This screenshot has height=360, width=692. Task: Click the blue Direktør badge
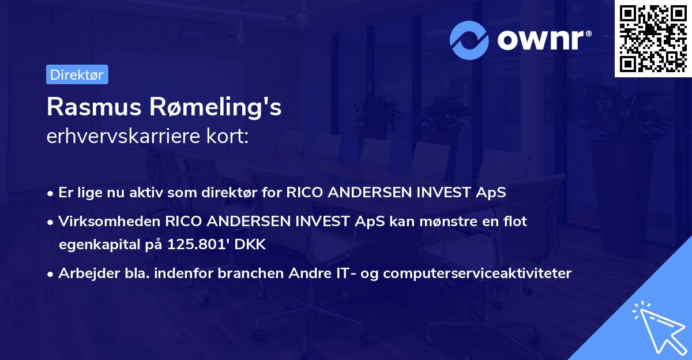(77, 74)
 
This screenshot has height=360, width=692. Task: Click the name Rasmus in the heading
(94, 107)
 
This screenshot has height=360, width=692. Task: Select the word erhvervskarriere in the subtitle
(123, 136)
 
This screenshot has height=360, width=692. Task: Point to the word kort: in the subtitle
(227, 136)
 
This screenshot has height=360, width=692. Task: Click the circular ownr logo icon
(469, 40)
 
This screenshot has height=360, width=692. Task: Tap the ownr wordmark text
(540, 40)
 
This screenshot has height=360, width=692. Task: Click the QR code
(653, 39)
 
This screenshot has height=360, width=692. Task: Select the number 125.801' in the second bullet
(198, 245)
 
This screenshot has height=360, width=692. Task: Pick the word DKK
(250, 245)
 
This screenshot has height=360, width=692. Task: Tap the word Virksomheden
(110, 222)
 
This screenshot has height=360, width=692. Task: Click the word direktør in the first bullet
(229, 192)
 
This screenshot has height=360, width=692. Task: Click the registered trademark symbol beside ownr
(588, 33)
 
